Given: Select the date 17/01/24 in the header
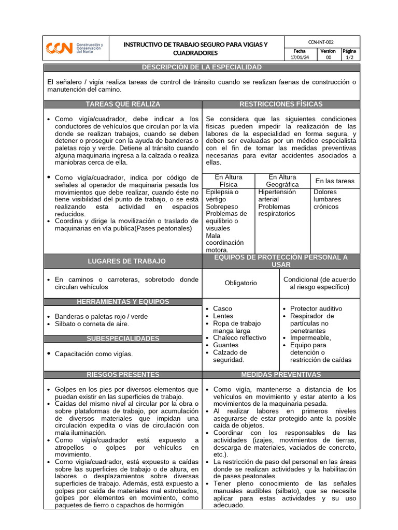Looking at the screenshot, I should pyautogui.click(x=300, y=58).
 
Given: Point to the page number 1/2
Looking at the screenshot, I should pyautogui.click(x=350, y=58).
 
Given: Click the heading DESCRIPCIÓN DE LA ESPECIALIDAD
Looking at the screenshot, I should pyautogui.click(x=202, y=68).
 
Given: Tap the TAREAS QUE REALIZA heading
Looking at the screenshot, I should pyautogui.click(x=123, y=105).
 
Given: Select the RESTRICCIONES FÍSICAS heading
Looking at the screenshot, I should pyautogui.click(x=281, y=105).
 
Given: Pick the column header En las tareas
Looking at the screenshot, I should pyautogui.click(x=335, y=181).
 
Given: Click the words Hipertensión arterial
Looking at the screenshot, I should pyautogui.click(x=277, y=196).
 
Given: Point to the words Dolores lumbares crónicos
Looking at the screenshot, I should pyautogui.click(x=327, y=199).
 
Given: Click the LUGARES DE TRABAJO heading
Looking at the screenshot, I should pyautogui.click(x=123, y=261).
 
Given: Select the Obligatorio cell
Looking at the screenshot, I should pyautogui.click(x=241, y=283).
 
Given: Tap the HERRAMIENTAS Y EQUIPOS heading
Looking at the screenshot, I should pyautogui.click(x=123, y=302).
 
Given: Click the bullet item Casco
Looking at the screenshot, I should pyautogui.click(x=222, y=308).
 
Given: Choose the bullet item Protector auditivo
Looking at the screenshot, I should pyautogui.click(x=316, y=308).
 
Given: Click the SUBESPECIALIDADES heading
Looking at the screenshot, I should pyautogui.click(x=123, y=338).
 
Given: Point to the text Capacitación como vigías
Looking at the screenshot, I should pyautogui.click(x=93, y=354).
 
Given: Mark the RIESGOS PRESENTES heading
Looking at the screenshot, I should pyautogui.click(x=123, y=375).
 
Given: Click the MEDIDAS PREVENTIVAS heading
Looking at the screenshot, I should pyautogui.click(x=281, y=375).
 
